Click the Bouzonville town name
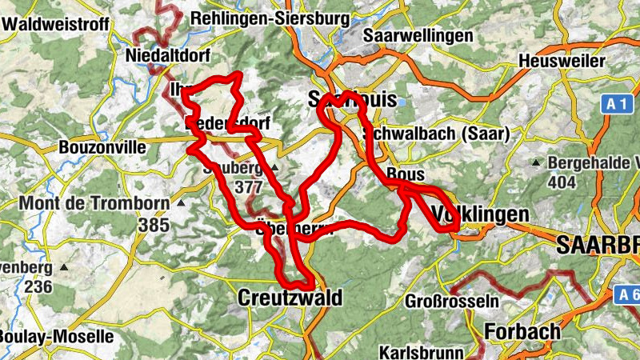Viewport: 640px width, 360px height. click(x=103, y=148)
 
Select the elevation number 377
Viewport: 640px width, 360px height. click(x=249, y=186)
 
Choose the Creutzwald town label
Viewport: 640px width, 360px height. click(x=290, y=298)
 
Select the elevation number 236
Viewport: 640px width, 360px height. click(x=38, y=286)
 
